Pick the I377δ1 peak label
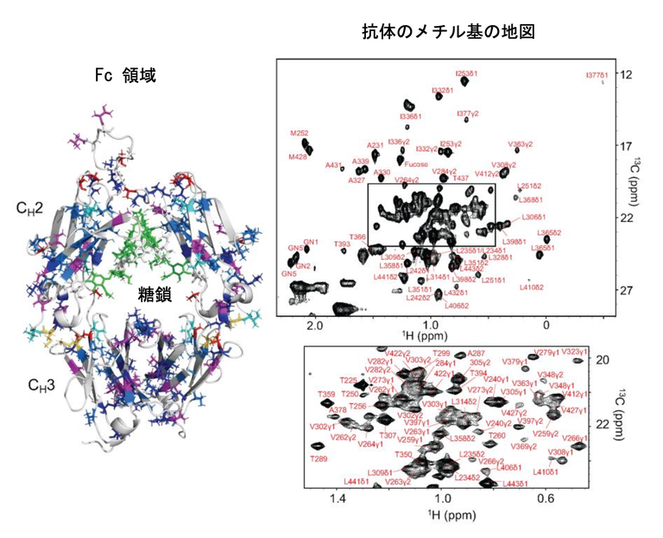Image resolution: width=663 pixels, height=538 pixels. pyautogui.click(x=597, y=76)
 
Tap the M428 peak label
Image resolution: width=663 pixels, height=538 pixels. pyautogui.click(x=298, y=157)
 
